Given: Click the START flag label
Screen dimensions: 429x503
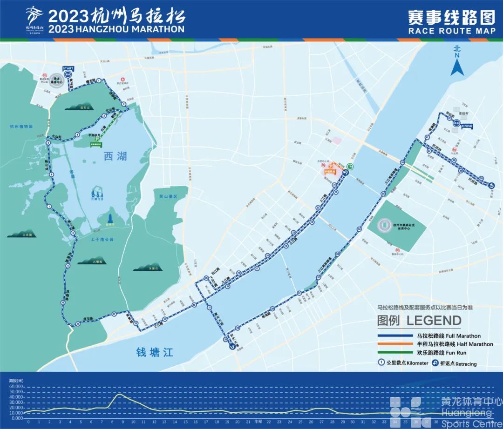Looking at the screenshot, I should coord(68,68).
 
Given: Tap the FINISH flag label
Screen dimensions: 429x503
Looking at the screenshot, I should coord(466,126).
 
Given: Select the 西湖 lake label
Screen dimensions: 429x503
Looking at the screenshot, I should coord(115,156).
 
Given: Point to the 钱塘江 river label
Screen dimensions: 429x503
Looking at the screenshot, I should coord(155,352).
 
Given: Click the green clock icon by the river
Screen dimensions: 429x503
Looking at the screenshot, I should coord(350,168).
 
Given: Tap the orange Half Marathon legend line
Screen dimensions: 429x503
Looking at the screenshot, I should coord(395,344).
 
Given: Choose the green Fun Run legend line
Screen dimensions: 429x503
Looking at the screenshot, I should coord(395,353).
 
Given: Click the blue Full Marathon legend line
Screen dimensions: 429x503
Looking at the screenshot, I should coord(395,335).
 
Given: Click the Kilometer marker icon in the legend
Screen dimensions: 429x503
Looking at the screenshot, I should coord(381,363).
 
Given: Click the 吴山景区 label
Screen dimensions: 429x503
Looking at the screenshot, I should coord(169,197).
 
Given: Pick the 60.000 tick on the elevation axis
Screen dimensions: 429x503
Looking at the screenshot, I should coord(16,386).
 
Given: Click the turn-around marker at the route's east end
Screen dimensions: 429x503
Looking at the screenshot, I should coord(492,186).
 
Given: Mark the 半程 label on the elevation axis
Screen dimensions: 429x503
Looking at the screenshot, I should coord(259,422).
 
